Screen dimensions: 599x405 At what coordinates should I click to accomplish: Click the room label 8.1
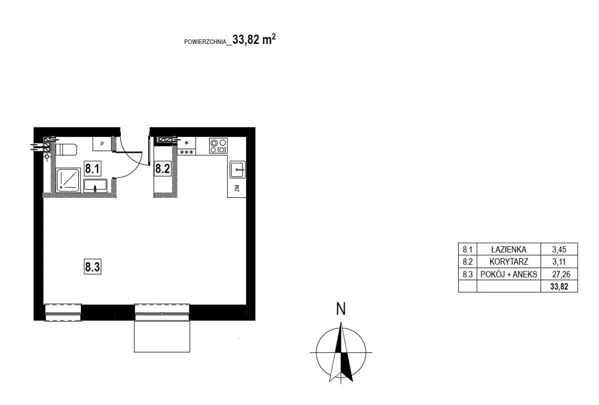click(x=92, y=168)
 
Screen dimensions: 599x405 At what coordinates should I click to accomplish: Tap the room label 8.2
click(x=163, y=168)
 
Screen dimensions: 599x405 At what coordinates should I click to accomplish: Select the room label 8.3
click(x=92, y=267)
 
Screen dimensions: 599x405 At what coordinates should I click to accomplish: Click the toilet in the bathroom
click(x=66, y=149)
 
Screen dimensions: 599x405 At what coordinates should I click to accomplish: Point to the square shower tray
click(x=68, y=180)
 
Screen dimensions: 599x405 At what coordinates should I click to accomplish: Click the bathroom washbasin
click(x=95, y=186)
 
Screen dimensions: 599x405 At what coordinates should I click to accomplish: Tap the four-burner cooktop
click(x=218, y=146)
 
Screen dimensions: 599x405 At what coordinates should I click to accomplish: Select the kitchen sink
click(x=238, y=170)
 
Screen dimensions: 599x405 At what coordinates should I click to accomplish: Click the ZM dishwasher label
click(x=237, y=188)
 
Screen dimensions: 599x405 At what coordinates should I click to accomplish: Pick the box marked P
click(x=102, y=144)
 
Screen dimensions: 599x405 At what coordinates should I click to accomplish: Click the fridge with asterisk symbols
click(x=186, y=146)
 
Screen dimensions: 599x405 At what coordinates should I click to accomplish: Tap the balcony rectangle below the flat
click(x=162, y=336)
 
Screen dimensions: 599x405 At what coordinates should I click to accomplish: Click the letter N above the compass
click(x=340, y=309)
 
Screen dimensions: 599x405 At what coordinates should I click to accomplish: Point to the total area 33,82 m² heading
click(x=254, y=39)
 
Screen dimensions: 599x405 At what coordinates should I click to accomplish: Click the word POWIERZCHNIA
click(x=205, y=42)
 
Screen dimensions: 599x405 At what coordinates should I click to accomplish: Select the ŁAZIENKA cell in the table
click(x=509, y=249)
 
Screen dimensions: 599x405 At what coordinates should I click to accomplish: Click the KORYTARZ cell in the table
click(x=509, y=261)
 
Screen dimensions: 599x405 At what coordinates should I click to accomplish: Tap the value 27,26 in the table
click(x=561, y=274)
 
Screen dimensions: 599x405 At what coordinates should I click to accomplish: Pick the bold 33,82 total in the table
click(x=559, y=287)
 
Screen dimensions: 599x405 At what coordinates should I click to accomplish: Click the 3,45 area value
click(x=559, y=249)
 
